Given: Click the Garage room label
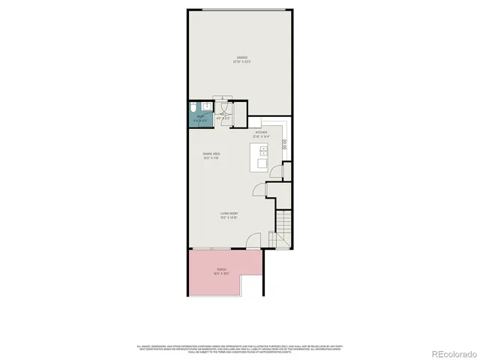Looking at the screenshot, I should pyautogui.click(x=241, y=57).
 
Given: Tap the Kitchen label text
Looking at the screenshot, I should pyautogui.click(x=260, y=133).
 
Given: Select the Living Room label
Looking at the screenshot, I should pyautogui.click(x=229, y=214).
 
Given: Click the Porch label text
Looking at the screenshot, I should pyautogui.click(x=222, y=268).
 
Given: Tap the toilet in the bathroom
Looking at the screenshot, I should pyautogui.click(x=192, y=106).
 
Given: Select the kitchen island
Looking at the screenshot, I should pyautogui.click(x=262, y=157).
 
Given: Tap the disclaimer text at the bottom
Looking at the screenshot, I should pyautogui.click(x=240, y=348).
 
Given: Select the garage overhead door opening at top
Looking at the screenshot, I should pyautogui.click(x=241, y=9).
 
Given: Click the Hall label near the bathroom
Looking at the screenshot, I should pyautogui.click(x=222, y=115).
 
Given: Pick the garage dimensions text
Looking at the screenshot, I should pyautogui.click(x=241, y=61).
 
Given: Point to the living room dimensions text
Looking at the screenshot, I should pyautogui.click(x=229, y=218).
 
